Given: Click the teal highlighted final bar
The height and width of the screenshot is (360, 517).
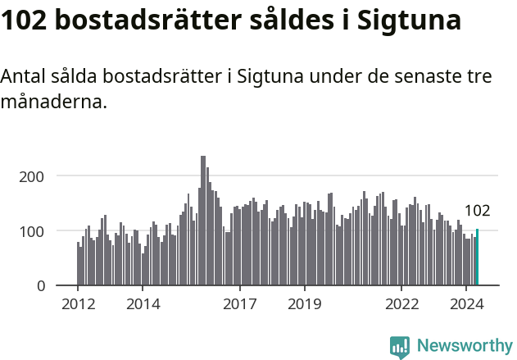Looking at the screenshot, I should [477, 257].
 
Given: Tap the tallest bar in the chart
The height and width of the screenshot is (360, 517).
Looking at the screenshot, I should [203, 221].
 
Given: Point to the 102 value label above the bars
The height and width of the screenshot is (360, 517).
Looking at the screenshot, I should [477, 211].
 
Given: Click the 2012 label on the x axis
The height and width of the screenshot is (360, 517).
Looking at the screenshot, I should [78, 304].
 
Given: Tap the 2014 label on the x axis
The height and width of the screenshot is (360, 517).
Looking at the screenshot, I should [143, 304].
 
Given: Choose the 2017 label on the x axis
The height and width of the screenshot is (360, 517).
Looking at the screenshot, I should [240, 304].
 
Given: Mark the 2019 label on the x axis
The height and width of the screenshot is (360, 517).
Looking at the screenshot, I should [305, 304].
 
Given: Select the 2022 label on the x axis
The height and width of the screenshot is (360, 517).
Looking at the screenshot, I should [401, 304].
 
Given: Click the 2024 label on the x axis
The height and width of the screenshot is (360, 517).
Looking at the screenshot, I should [466, 304].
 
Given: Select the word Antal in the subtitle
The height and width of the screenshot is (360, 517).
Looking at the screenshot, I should [23, 77].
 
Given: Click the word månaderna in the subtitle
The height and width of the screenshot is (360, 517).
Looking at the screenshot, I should [53, 103].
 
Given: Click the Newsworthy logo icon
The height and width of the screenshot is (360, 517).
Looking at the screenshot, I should [400, 346].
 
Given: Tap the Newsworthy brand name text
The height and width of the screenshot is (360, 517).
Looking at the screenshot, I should [465, 346].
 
